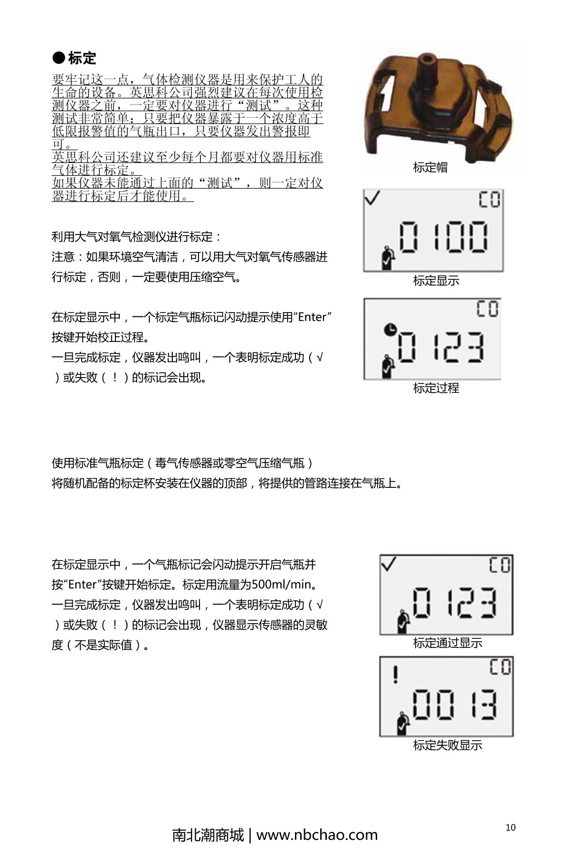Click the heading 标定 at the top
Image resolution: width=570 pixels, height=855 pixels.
click(x=82, y=58)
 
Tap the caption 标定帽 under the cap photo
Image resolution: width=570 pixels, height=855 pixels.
click(x=430, y=167)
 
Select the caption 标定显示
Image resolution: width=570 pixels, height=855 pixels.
click(x=436, y=281)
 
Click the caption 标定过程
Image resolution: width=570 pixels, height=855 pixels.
click(x=436, y=388)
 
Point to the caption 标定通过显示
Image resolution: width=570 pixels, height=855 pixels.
click(x=447, y=643)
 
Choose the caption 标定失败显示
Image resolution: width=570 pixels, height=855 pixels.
click(x=447, y=745)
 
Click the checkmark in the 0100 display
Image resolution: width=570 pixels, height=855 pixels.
click(x=372, y=198)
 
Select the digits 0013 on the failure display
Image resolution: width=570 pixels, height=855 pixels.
click(x=455, y=704)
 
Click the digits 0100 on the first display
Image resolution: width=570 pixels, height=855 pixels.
click(x=443, y=237)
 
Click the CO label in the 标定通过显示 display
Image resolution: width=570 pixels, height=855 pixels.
click(x=500, y=565)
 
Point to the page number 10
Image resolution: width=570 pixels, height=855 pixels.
click(x=510, y=827)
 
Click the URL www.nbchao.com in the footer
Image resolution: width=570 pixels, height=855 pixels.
click(x=317, y=835)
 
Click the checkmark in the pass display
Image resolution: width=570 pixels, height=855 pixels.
click(x=389, y=564)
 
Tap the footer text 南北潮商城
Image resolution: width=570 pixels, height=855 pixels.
click(x=208, y=835)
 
